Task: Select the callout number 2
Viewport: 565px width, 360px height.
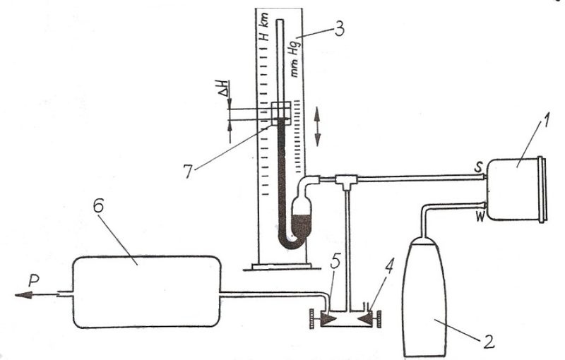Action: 488,341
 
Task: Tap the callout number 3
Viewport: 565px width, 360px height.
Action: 339,29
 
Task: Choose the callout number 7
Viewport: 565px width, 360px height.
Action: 189,172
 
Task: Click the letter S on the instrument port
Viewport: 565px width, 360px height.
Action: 480,168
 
